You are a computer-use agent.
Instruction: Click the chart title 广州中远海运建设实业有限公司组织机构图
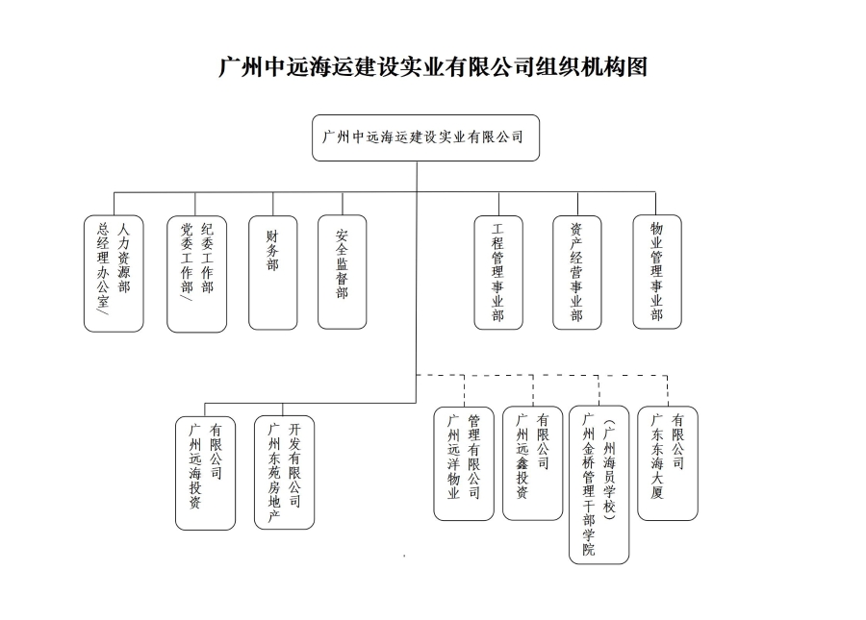(433, 66)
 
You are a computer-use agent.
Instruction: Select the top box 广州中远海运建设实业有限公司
(425, 137)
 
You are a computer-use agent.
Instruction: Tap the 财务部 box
(273, 272)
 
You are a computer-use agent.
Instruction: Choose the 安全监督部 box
(343, 272)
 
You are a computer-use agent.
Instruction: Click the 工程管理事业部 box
(498, 272)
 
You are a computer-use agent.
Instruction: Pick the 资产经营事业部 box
(577, 272)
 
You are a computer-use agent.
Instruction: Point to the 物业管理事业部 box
(657, 272)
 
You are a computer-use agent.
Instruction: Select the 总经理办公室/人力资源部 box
(114, 274)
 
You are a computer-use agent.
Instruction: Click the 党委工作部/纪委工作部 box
(196, 274)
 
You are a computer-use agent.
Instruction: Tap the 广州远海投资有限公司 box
(206, 473)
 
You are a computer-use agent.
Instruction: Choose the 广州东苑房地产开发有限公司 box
(285, 472)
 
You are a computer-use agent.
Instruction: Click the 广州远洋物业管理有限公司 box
(464, 464)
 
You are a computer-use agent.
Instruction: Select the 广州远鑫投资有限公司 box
(533, 463)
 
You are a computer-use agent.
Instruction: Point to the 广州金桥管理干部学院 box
(599, 484)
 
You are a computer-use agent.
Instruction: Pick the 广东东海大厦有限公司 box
(668, 463)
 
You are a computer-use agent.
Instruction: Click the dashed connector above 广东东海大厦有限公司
(668, 391)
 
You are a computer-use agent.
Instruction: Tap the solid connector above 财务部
(273, 204)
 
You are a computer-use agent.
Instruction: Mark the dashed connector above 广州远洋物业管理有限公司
(465, 391)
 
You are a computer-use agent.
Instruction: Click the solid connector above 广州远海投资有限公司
(205, 409)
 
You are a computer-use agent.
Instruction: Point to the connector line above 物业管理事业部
(655, 204)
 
